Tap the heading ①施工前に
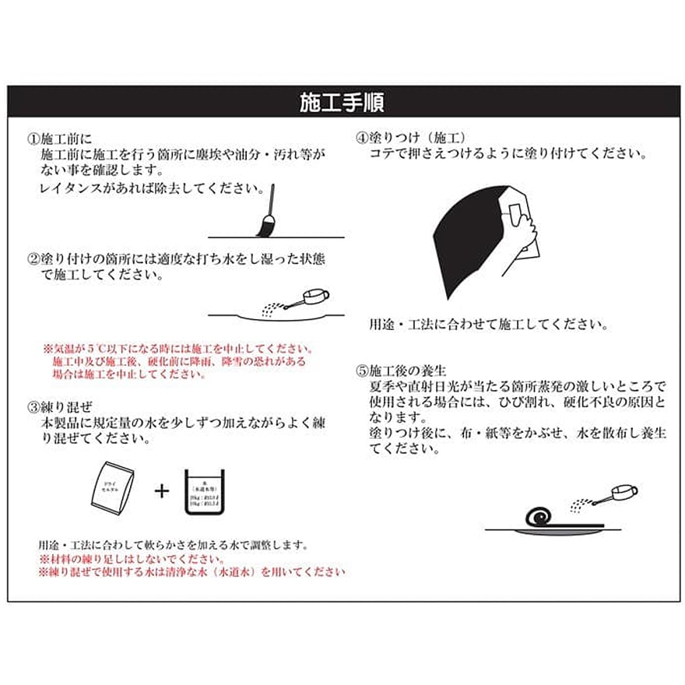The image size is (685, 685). click(x=61, y=138)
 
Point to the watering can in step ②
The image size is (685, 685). click(x=311, y=298)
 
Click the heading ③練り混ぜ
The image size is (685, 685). click(x=61, y=406)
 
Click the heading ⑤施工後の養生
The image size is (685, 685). click(x=400, y=370)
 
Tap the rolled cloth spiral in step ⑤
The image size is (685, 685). click(x=537, y=516)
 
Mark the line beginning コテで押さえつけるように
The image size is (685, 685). click(x=509, y=154)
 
